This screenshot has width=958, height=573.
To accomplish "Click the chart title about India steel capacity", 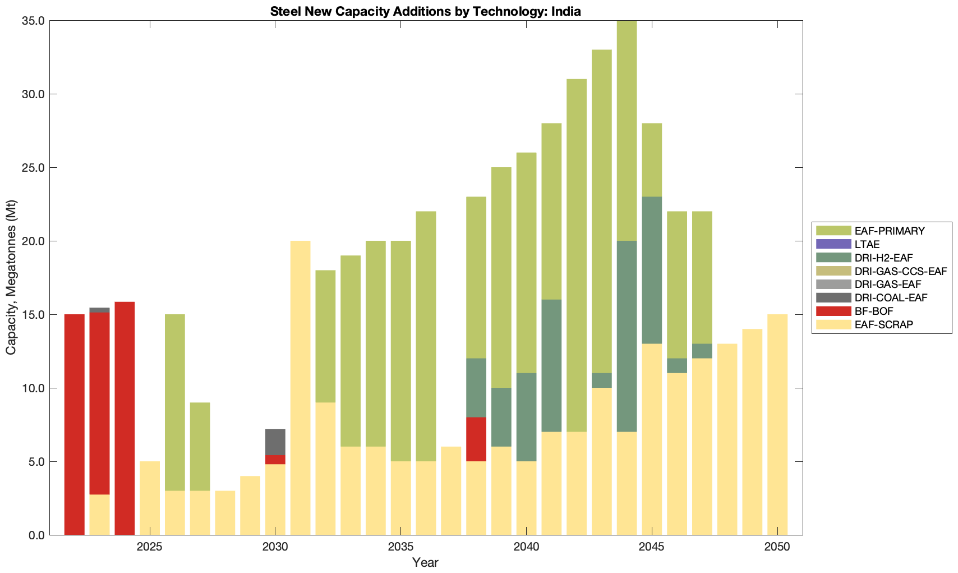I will tap(425, 11).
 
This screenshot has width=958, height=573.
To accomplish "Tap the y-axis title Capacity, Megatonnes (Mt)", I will tap(11, 277).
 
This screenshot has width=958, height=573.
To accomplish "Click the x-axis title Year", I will tap(425, 562).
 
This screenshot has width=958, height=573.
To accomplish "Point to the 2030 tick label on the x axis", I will tap(275, 547).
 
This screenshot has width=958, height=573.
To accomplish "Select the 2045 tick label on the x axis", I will tap(652, 547).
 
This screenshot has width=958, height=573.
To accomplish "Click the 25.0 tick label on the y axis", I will tap(33, 168).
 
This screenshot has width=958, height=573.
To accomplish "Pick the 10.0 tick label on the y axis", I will tap(33, 388).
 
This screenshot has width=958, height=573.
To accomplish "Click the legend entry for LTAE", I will tap(867, 244).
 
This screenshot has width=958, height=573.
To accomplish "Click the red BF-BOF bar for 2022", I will tap(75, 424).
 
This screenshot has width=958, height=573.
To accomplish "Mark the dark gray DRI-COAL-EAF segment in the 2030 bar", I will tap(275, 442).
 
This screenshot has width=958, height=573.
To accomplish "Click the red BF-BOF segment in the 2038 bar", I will tap(476, 439).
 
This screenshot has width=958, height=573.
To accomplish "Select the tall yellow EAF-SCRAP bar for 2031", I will tap(300, 387).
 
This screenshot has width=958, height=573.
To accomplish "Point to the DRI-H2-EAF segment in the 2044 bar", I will tap(627, 336).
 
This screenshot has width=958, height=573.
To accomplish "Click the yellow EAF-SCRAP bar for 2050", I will tap(777, 424).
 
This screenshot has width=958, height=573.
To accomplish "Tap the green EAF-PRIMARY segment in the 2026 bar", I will tap(174, 402).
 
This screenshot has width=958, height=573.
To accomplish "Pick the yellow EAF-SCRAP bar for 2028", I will tap(225, 512).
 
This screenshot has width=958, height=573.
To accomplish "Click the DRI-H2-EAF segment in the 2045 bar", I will tap(652, 270).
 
